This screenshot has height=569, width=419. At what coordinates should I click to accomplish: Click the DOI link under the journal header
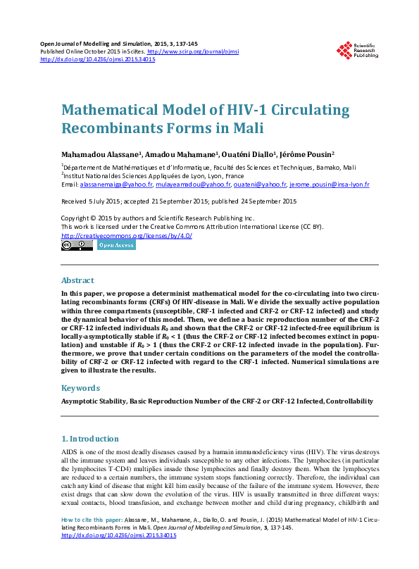[98, 59]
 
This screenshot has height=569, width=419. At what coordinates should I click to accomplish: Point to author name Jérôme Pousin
[306, 154]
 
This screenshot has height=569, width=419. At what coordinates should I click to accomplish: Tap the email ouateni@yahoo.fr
[260, 184]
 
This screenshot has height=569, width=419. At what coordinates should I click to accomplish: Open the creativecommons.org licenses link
[127, 235]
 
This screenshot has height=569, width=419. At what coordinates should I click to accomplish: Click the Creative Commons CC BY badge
[77, 245]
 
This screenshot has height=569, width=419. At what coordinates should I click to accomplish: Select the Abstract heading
[77, 280]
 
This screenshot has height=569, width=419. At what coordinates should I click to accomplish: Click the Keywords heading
[80, 387]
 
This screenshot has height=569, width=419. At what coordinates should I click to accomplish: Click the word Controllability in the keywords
[349, 401]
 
